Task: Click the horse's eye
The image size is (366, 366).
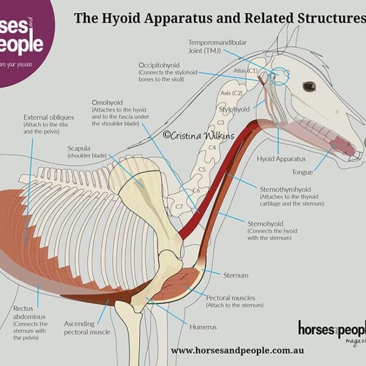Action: click(309, 86)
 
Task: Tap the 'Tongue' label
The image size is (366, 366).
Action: click(302, 173)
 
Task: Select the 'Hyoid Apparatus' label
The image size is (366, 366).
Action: click(281, 159)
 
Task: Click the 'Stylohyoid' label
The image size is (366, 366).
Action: click(234, 110)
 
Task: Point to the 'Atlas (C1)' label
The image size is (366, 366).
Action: click(245, 71)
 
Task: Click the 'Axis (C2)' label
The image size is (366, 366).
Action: click(231, 93)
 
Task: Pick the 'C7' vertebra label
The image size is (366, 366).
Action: click(180, 207)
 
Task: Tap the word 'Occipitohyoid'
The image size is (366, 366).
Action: click(160, 64)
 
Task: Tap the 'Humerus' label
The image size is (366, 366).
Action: click(203, 327)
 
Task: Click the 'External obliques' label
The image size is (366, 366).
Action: click(49, 117)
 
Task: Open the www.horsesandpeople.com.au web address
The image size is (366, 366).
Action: click(237, 351)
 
